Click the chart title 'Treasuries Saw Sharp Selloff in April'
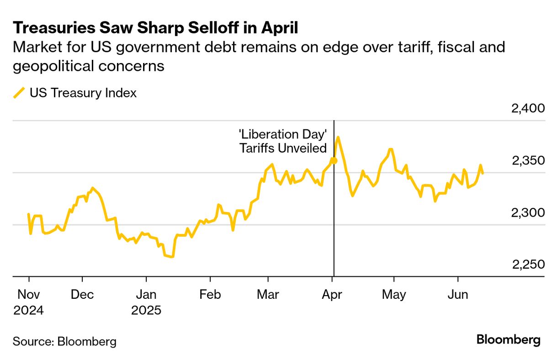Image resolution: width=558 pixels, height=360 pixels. [x=155, y=28]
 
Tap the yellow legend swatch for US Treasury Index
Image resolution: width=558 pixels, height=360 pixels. [x=19, y=93]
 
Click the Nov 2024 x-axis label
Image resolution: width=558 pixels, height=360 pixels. [x=28, y=302]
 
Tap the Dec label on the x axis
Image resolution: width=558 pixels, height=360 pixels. [x=82, y=295]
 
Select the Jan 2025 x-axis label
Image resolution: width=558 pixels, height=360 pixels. [x=146, y=302]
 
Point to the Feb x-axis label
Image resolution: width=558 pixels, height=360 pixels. [x=210, y=295]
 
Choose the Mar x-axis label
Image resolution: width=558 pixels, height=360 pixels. [x=268, y=295]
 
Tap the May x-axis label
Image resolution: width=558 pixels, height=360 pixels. [x=393, y=295]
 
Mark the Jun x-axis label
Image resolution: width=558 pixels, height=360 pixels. [x=457, y=295]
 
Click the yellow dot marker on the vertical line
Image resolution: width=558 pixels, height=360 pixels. [x=334, y=160]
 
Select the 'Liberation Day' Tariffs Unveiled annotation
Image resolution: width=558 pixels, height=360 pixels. [x=283, y=141]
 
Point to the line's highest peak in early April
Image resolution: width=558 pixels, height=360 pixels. [x=338, y=137]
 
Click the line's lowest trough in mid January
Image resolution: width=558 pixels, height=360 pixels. [x=172, y=257]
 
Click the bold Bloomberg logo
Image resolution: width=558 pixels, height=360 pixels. [x=508, y=340]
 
